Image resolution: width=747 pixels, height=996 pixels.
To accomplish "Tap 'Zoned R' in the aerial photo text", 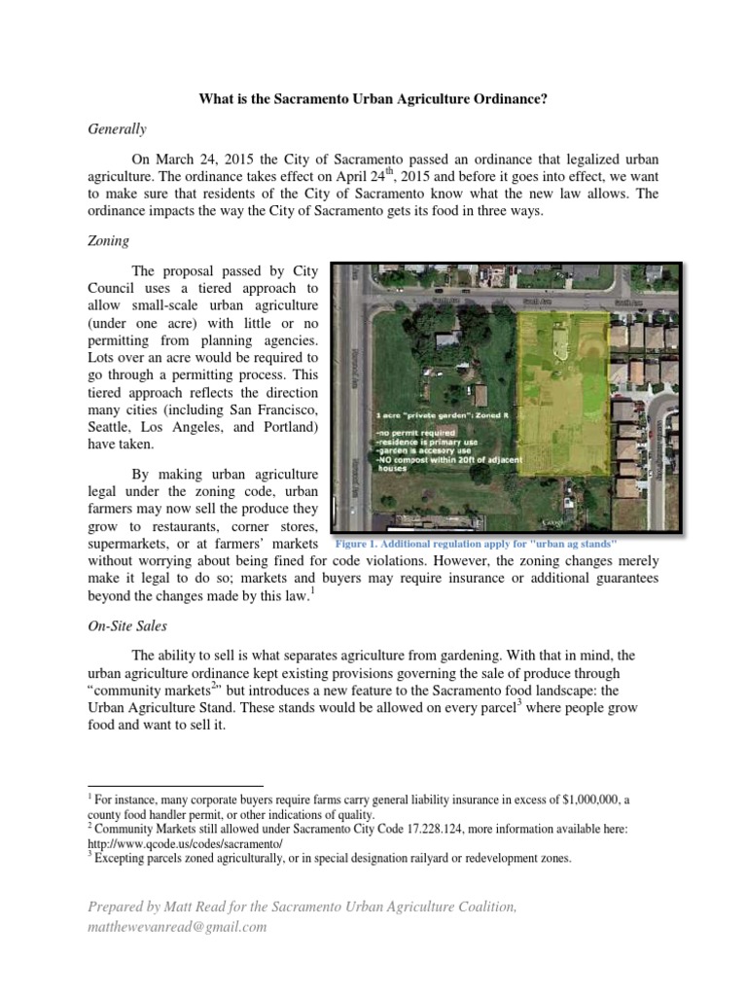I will [x=486, y=413].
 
